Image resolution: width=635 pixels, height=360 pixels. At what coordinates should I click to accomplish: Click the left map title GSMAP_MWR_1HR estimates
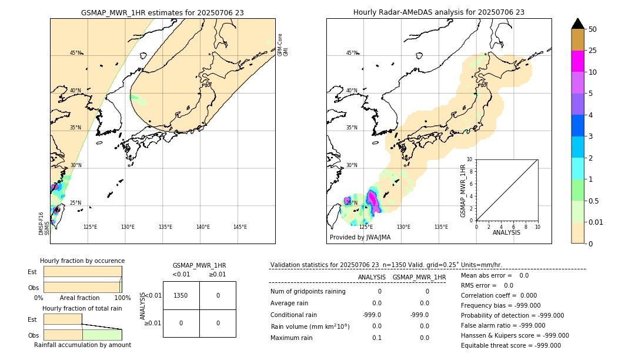[x=162, y=12]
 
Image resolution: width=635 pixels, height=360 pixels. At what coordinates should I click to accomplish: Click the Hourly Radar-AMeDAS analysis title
[x=439, y=12]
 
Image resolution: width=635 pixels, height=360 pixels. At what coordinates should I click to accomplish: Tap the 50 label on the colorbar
[x=593, y=29]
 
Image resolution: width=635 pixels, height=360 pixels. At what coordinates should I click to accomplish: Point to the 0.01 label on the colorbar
[x=596, y=222]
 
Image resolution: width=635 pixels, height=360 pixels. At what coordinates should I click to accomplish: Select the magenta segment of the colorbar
[x=577, y=61]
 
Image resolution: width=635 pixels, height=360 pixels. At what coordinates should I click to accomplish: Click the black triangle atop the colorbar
[x=577, y=24]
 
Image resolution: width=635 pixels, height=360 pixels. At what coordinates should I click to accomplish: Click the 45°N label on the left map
[x=75, y=53]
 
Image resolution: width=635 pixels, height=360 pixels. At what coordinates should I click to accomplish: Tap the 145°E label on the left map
[x=240, y=227]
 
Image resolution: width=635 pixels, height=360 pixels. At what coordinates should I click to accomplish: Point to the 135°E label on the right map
[x=441, y=227]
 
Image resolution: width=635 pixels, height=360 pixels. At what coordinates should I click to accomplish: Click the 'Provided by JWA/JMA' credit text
[x=360, y=238]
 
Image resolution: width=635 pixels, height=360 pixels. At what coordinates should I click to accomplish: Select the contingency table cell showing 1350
[x=181, y=295]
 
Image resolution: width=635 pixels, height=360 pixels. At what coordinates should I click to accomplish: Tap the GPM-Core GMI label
[x=283, y=45]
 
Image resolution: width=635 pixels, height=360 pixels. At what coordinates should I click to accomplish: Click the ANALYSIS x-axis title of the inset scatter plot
[x=506, y=232]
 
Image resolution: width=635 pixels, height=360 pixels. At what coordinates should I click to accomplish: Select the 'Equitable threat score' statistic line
[x=510, y=345]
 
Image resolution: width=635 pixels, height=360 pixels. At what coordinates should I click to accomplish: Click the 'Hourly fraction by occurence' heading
[x=82, y=261]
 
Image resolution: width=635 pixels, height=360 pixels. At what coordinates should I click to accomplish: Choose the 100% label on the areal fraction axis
[x=122, y=298]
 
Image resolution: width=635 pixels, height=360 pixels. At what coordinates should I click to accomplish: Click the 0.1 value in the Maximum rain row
[x=376, y=338]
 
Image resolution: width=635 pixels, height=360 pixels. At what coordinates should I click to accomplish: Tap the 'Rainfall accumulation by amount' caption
[x=82, y=345]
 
